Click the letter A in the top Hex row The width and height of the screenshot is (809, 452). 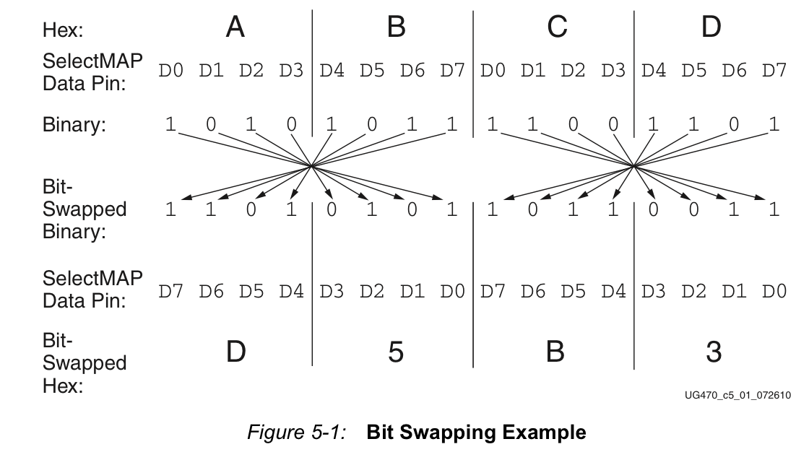235,27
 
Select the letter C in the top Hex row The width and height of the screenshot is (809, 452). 557,27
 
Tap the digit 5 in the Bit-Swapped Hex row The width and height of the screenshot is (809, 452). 396,352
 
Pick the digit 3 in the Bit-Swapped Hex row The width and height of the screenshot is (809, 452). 714,352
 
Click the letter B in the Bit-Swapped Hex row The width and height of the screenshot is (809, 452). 555,352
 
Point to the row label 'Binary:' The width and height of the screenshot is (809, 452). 74,125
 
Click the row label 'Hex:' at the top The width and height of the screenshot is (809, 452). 62,30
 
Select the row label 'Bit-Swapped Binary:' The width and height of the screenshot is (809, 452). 85,209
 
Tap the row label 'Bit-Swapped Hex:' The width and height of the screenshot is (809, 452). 85,363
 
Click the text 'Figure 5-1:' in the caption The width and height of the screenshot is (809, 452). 297,432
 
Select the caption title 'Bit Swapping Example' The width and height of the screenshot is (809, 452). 476,432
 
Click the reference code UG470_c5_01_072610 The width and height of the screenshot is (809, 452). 737,395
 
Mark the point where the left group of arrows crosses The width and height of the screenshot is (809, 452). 311,165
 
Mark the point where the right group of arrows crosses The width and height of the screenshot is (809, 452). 633,165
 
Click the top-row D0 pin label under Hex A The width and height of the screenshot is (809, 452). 170,71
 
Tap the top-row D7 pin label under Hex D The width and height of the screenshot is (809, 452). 774,71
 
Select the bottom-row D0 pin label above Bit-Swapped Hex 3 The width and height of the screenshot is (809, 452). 774,292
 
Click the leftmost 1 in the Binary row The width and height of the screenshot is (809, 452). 170,124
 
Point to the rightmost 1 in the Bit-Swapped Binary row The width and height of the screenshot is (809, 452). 774,209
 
